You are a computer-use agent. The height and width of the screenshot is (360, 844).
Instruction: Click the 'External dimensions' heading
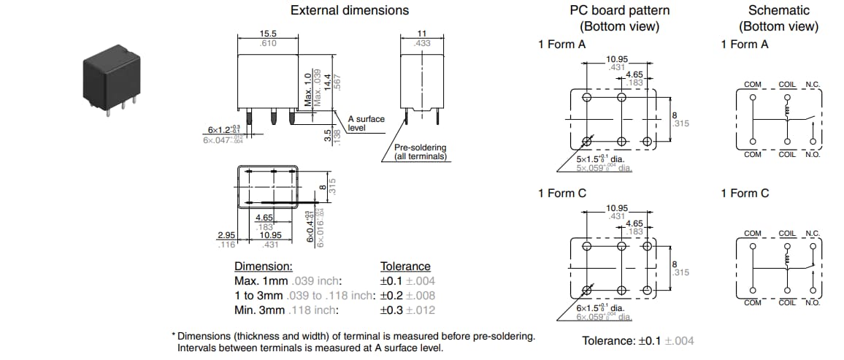pyautogui.click(x=350, y=10)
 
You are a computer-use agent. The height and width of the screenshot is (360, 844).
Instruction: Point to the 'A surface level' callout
pyautogui.click(x=366, y=123)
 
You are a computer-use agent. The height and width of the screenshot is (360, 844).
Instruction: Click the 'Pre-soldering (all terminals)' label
pyautogui.click(x=420, y=152)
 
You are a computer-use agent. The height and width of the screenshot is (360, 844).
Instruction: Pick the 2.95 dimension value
pyautogui.click(x=226, y=235)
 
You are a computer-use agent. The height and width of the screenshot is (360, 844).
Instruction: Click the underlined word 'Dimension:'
pyautogui.click(x=263, y=267)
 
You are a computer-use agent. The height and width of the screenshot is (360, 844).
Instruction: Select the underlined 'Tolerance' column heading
pyautogui.click(x=405, y=267)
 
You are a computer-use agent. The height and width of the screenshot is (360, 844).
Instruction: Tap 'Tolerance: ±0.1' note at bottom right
pyautogui.click(x=637, y=341)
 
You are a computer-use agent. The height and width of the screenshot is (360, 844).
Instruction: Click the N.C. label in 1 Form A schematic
pyautogui.click(x=811, y=85)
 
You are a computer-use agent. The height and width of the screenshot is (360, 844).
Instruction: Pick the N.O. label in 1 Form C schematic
pyautogui.click(x=812, y=302)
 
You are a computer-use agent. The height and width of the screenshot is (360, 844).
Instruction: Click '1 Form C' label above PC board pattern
pyautogui.click(x=561, y=194)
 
